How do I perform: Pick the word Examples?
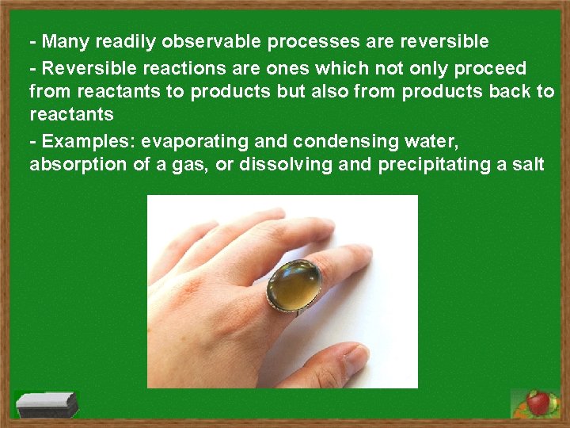point(87,141)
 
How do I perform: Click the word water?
point(427,141)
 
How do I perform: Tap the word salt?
point(528,165)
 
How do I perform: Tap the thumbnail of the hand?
point(237,317)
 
